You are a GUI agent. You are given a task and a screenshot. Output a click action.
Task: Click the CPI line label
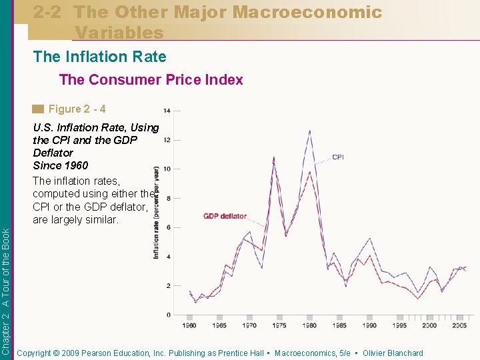pyautogui.click(x=338, y=157)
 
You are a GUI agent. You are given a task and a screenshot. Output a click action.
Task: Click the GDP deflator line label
pyautogui.click(x=225, y=216)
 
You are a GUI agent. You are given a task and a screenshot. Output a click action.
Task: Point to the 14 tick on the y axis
pyautogui.click(x=167, y=110)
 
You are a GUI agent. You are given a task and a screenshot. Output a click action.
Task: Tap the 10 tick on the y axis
pyautogui.click(x=167, y=169)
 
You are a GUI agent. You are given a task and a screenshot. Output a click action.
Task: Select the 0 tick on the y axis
pyautogui.click(x=168, y=315)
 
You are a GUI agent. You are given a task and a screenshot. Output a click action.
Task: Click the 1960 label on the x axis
pyautogui.click(x=189, y=325)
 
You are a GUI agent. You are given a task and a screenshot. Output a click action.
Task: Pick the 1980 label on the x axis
pyautogui.click(x=309, y=325)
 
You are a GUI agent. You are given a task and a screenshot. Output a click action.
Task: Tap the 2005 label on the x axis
pyautogui.click(x=459, y=325)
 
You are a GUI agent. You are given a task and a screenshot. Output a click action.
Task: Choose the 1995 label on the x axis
pyautogui.click(x=399, y=325)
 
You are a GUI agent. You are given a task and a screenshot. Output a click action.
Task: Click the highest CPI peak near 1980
pyautogui.click(x=309, y=131)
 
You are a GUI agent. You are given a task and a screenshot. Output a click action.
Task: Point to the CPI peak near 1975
pyautogui.click(x=274, y=157)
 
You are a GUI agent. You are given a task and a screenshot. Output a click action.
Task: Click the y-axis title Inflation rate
pyautogui.click(x=157, y=213)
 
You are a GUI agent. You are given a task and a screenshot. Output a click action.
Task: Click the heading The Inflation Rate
pyautogui.click(x=100, y=57)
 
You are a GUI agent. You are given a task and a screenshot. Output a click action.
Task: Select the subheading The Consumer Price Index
pyautogui.click(x=151, y=80)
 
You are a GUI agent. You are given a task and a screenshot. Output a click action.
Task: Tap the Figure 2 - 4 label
pyautogui.click(x=77, y=109)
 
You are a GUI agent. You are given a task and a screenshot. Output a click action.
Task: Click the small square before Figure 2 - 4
pyautogui.click(x=39, y=109)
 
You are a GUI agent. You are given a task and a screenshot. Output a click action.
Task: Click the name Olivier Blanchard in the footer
pyautogui.click(x=393, y=353)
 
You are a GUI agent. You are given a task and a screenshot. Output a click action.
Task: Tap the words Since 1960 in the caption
pyautogui.click(x=60, y=165)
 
